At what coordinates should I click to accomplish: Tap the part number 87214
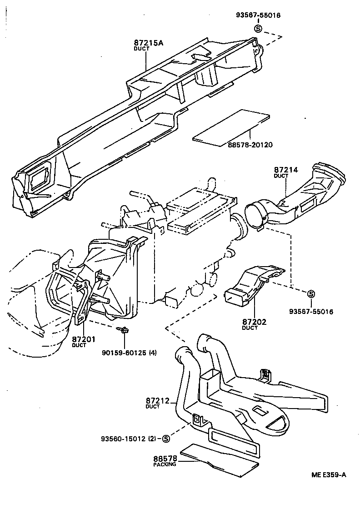pyautogui.click(x=286, y=170)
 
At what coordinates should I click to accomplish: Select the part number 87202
pyautogui.click(x=255, y=322)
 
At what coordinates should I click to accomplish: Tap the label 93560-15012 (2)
pyautogui.click(x=130, y=439)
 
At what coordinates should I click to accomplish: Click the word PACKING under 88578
pyautogui.click(x=165, y=465)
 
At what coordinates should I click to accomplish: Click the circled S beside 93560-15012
pyautogui.click(x=165, y=439)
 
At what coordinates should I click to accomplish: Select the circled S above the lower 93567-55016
pyautogui.click(x=311, y=294)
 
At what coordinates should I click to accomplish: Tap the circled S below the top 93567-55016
pyautogui.click(x=258, y=28)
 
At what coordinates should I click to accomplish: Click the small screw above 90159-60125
pyautogui.click(x=123, y=330)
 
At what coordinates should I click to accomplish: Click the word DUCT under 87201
pyautogui.click(x=79, y=345)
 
